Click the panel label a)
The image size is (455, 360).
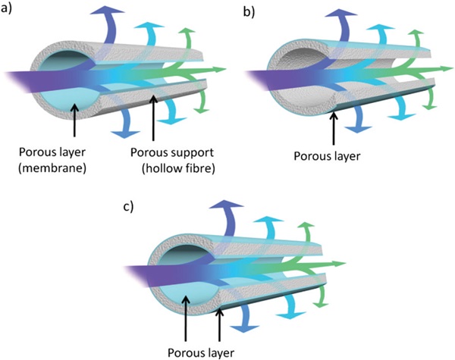coord(9,10)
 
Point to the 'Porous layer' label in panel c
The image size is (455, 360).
coord(200,352)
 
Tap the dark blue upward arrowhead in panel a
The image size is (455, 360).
coord(104,11)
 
